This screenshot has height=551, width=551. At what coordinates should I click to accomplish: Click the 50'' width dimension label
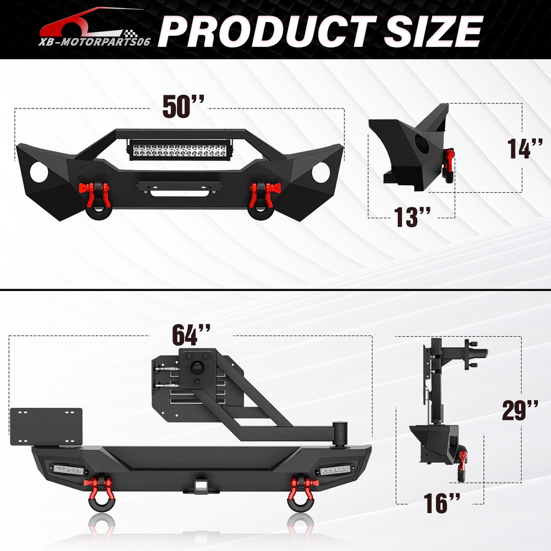coord(183,106)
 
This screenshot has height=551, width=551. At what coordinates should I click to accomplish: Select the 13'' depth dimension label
coord(412,217)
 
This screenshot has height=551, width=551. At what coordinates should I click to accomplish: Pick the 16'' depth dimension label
coord(441,503)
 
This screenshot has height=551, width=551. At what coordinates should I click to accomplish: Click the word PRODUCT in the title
coord(267,31)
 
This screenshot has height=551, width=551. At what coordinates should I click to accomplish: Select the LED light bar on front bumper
coord(178,150)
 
